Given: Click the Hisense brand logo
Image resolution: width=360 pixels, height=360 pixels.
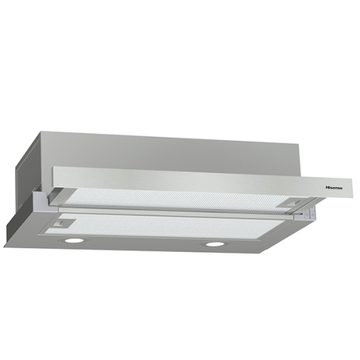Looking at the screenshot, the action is [334, 188].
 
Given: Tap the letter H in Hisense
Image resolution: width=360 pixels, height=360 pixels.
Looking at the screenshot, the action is [327, 188].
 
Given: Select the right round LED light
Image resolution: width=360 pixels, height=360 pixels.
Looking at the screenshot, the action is [215, 244].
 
